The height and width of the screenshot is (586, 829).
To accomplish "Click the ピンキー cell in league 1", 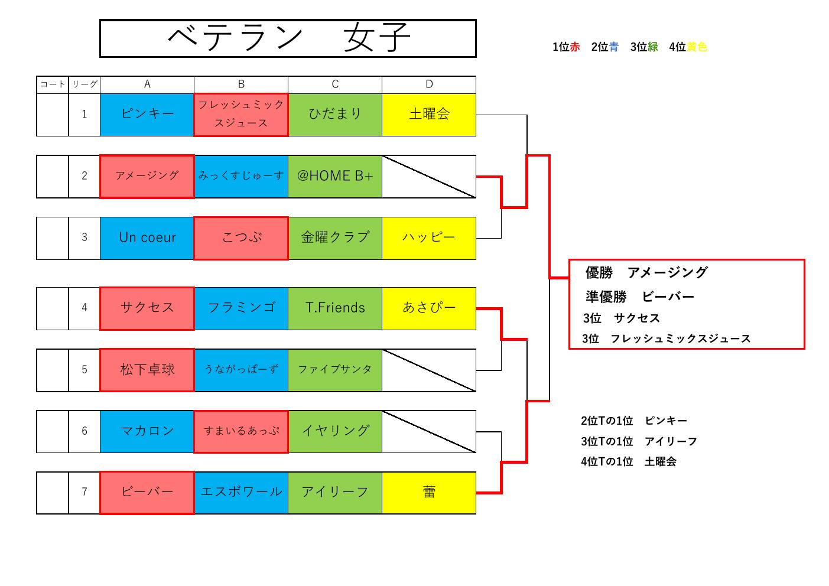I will point(147,115).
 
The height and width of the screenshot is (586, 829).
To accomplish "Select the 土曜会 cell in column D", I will point(429,115).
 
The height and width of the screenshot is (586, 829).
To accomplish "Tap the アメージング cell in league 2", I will point(147,176).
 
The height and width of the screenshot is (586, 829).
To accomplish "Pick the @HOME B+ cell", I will point(335,176).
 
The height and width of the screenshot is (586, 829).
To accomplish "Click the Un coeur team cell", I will point(147,237).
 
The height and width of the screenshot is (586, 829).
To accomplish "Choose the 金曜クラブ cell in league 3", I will point(335,237).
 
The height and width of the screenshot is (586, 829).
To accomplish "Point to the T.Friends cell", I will point(335,308).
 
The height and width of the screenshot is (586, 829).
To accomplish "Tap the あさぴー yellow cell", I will point(429,308).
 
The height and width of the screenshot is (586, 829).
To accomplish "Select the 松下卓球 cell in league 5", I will point(147,370).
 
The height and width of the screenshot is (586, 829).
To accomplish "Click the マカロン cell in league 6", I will point(147,431).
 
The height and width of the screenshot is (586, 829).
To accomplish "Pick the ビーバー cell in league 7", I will point(147,492).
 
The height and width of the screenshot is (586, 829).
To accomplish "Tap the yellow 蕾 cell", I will point(429,492).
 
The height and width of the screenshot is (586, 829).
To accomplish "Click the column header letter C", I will point(335,84).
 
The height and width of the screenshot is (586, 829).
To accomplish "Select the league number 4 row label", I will point(84,308).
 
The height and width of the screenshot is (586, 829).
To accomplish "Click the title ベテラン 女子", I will point(288,38).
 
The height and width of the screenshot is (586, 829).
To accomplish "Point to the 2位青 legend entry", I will point(604,47).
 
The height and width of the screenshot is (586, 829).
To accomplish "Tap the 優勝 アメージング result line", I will point(646,272).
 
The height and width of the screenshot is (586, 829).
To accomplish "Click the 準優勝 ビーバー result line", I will point(640,297).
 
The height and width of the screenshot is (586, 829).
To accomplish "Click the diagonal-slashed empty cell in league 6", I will point(429,431).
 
